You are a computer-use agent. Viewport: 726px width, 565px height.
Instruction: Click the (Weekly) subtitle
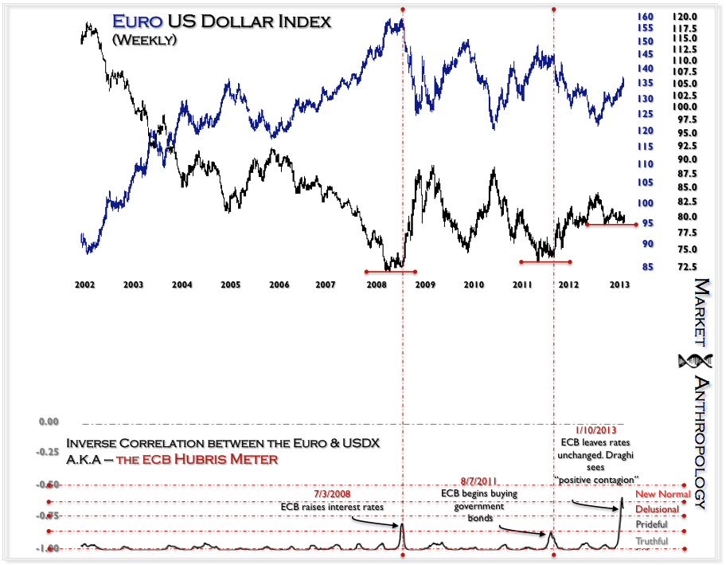click(144, 39)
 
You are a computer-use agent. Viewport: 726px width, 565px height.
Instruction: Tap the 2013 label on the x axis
click(620, 284)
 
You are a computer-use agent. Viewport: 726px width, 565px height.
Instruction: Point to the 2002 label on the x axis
click(84, 284)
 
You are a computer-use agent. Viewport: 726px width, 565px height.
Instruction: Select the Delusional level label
click(657, 509)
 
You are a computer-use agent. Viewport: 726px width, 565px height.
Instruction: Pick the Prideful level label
click(652, 525)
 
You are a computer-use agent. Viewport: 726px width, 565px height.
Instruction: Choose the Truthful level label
click(652, 542)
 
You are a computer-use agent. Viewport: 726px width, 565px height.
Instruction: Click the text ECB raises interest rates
click(331, 507)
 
